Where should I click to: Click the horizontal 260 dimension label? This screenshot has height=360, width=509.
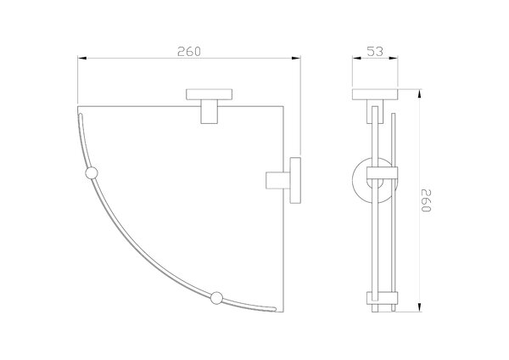point(189,51)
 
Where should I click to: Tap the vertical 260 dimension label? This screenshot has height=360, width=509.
point(426,200)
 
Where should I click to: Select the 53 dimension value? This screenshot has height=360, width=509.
point(375,51)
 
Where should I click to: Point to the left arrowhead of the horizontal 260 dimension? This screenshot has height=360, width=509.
point(81,58)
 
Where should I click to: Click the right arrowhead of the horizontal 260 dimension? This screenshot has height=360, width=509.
point(296,58)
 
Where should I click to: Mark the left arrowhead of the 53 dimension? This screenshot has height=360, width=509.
point(357,58)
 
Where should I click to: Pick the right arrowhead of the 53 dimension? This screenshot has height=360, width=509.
point(394,58)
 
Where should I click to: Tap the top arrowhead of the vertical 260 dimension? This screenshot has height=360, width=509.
point(419,93)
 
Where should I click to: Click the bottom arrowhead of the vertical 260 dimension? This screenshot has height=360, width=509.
point(419,307)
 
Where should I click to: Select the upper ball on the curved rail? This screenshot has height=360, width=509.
point(92,173)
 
